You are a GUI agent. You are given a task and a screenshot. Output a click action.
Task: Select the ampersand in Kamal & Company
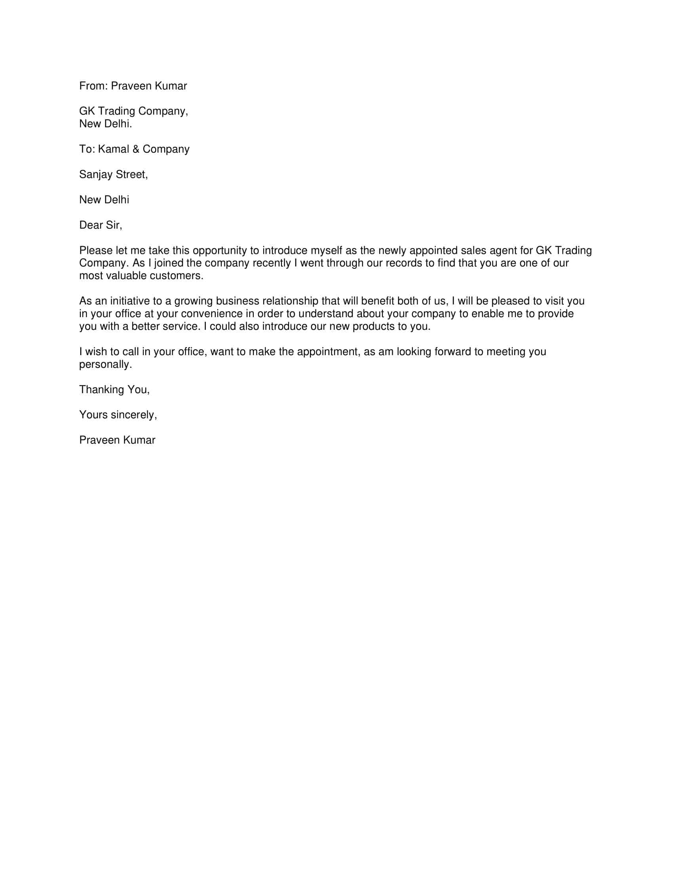(x=135, y=149)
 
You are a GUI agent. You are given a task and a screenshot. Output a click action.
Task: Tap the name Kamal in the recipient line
(x=113, y=149)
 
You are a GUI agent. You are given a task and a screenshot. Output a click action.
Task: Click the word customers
(x=176, y=276)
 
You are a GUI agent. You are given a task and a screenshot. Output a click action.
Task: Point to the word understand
(x=326, y=314)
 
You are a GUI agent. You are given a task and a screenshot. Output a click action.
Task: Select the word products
(x=373, y=327)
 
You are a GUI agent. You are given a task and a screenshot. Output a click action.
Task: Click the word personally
(x=105, y=365)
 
